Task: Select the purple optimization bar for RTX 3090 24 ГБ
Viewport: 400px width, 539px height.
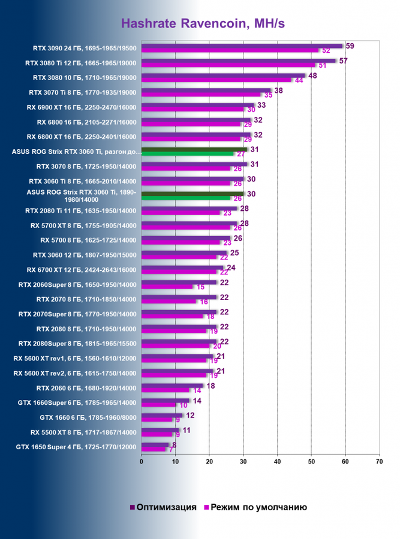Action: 240,46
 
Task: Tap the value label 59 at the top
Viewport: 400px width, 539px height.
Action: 350,46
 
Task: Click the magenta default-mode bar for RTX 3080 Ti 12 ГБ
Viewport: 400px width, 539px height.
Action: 228,65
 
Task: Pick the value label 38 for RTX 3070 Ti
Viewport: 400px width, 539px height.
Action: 279,90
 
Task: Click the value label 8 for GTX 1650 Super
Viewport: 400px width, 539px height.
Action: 175,445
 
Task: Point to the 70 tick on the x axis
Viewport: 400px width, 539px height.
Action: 379,462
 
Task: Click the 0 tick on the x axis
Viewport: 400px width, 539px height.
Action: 142,462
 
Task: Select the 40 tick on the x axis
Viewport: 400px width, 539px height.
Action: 277,462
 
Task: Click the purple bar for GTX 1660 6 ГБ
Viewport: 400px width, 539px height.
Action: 161,415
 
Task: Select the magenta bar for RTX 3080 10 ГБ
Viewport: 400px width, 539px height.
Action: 216,80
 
